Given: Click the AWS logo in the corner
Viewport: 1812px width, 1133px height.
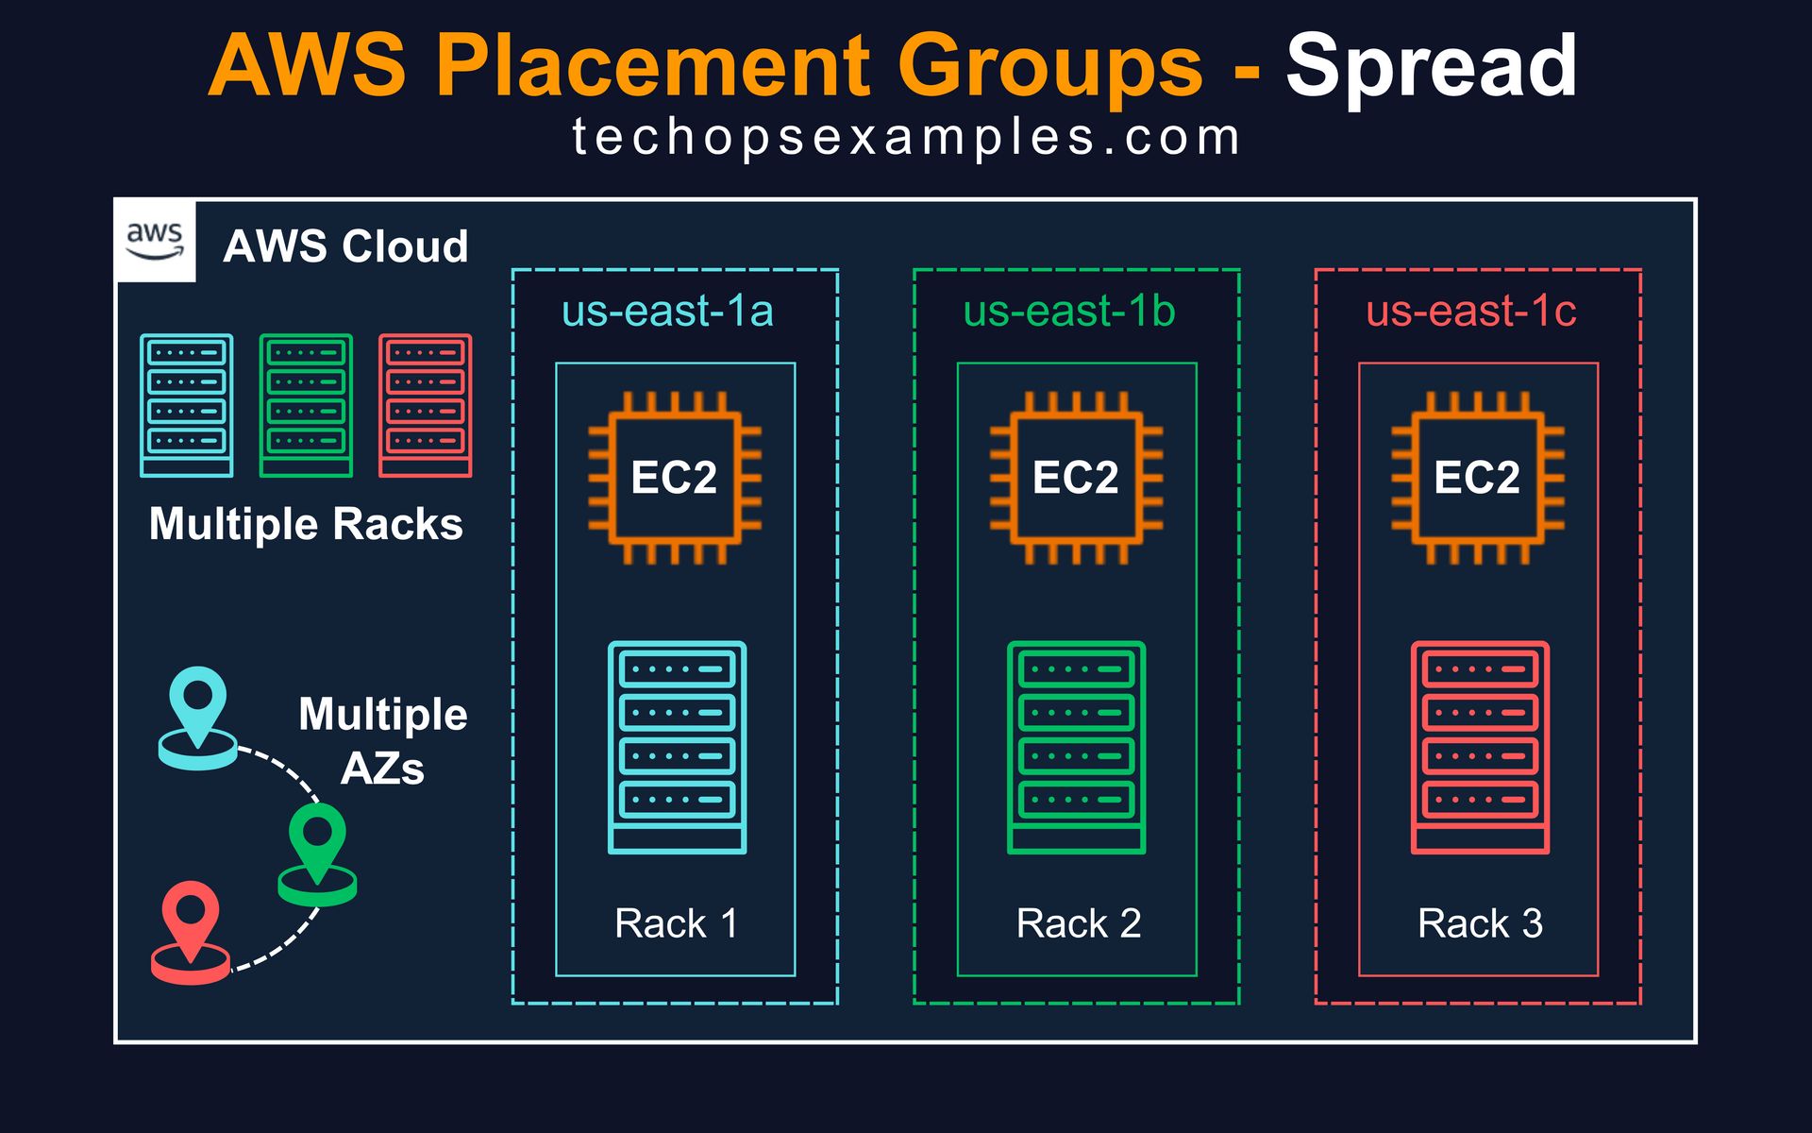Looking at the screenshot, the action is (x=155, y=242).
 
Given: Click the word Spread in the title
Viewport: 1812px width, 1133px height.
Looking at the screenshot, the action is (x=1431, y=66).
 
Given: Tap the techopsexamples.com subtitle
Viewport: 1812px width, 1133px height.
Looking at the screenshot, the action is (x=906, y=138).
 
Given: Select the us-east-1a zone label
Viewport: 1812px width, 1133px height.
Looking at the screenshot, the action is (x=667, y=311).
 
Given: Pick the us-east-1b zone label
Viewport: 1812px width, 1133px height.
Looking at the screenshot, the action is (x=1069, y=311).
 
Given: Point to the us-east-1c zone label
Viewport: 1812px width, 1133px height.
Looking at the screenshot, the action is (x=1470, y=311).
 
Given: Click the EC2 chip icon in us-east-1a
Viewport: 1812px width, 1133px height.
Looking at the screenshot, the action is (x=675, y=478).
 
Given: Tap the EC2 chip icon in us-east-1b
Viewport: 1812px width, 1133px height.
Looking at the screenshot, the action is (x=1076, y=478).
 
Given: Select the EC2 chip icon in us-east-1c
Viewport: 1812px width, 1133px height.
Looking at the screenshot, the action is (x=1478, y=478).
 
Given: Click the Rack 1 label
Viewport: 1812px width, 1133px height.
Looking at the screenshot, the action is (x=676, y=923).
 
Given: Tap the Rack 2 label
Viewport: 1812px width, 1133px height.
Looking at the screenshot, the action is (x=1079, y=923).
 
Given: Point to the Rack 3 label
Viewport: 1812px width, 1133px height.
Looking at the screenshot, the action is (x=1480, y=923).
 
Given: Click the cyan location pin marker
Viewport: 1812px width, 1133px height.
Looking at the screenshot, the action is (x=197, y=719).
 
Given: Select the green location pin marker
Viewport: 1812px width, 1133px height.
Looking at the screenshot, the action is (x=317, y=854).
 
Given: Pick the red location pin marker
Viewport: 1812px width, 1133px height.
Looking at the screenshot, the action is (x=191, y=933).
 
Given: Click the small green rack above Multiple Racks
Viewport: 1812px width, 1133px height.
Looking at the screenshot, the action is (x=306, y=405).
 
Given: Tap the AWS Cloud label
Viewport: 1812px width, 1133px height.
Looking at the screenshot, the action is (x=345, y=246).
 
